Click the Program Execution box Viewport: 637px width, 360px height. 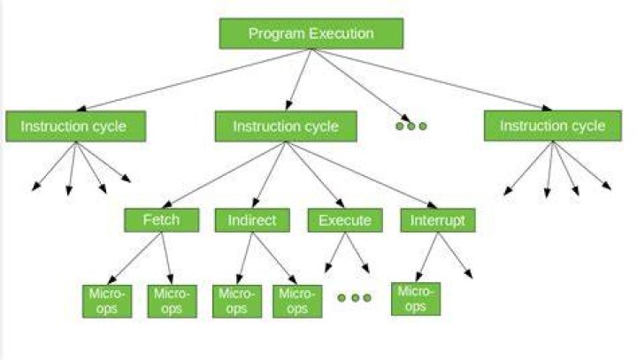(311, 34)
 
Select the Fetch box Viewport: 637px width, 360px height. (161, 220)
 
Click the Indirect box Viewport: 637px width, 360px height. (252, 220)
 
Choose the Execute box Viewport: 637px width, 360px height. (345, 220)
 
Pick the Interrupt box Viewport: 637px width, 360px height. (438, 220)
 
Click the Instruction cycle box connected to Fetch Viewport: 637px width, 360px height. (286, 126)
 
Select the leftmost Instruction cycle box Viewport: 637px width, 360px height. (75, 126)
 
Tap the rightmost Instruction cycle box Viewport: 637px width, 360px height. (552, 126)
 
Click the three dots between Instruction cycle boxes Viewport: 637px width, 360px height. (411, 126)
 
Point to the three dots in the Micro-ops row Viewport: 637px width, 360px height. (354, 298)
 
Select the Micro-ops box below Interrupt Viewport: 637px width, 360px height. (416, 299)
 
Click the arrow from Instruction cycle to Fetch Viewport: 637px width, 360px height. (224, 175)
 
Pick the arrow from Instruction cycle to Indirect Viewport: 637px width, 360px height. (269, 175)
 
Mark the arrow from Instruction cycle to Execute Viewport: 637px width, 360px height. (315, 175)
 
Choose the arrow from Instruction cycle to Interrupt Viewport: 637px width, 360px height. (362, 175)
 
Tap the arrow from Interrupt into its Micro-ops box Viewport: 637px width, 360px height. (427, 257)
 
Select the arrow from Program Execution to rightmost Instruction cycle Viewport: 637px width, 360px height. (432, 80)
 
